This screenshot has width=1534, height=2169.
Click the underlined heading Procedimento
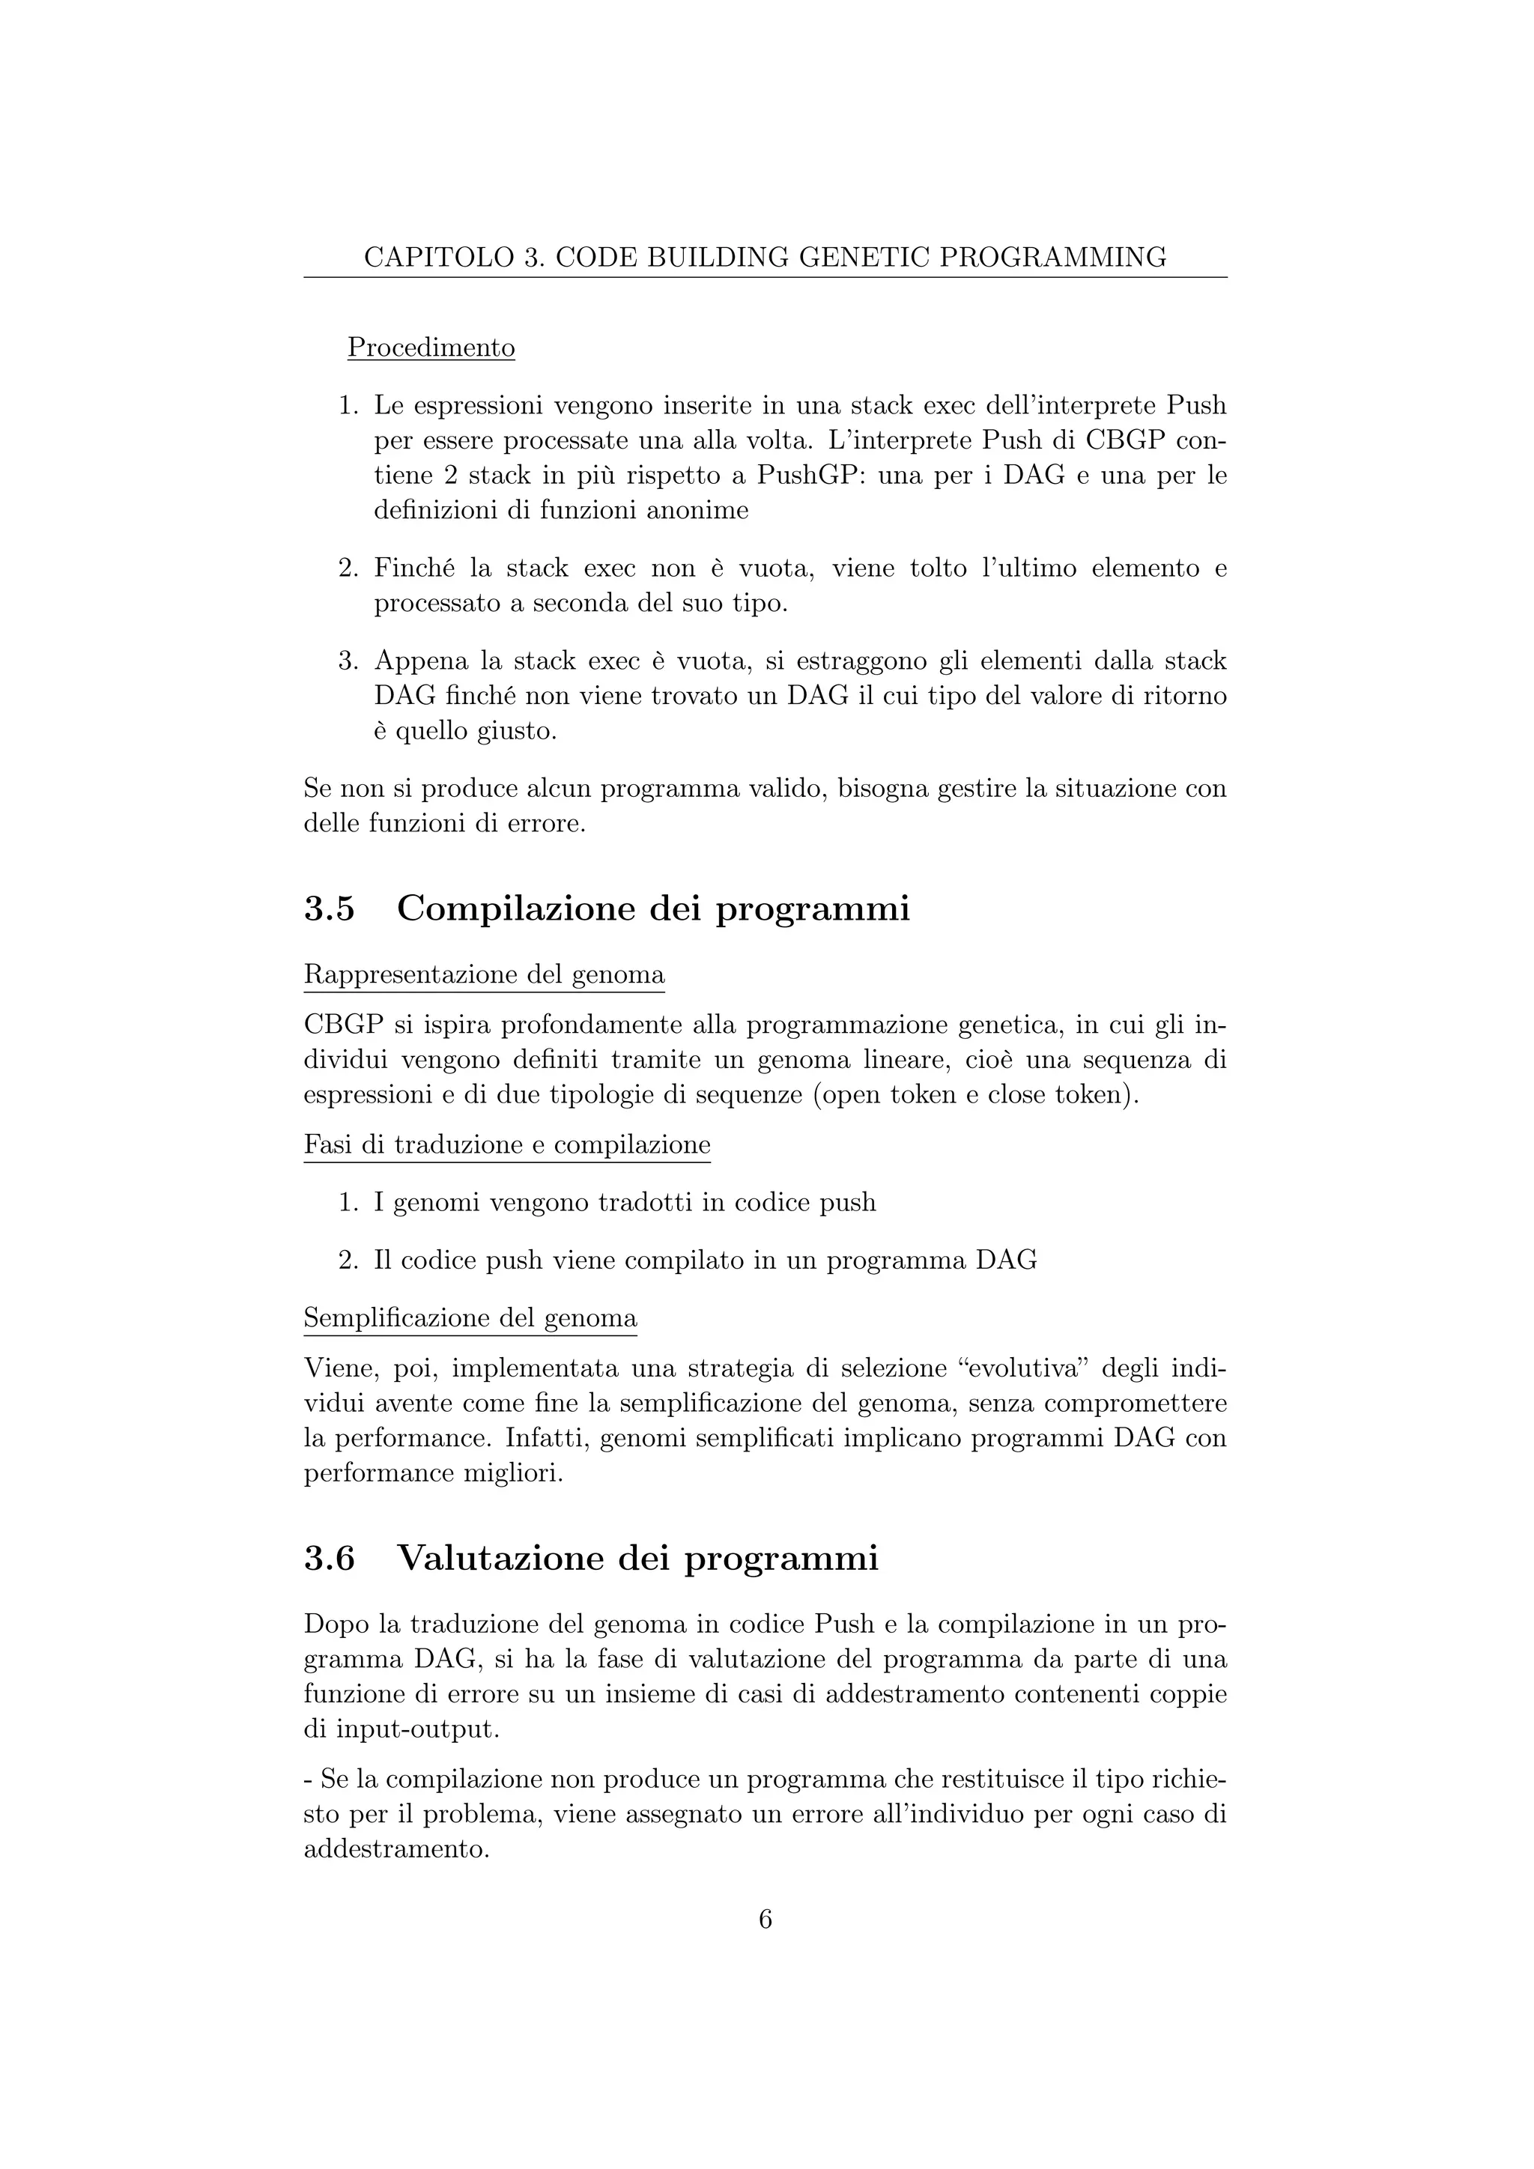[431, 348]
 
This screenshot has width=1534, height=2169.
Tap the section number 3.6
[329, 1558]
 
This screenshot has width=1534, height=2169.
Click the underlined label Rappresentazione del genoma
[484, 974]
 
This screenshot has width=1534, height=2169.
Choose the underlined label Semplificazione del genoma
[470, 1318]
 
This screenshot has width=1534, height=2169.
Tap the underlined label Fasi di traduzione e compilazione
[506, 1145]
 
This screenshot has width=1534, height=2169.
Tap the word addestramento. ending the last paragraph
[395, 1848]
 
